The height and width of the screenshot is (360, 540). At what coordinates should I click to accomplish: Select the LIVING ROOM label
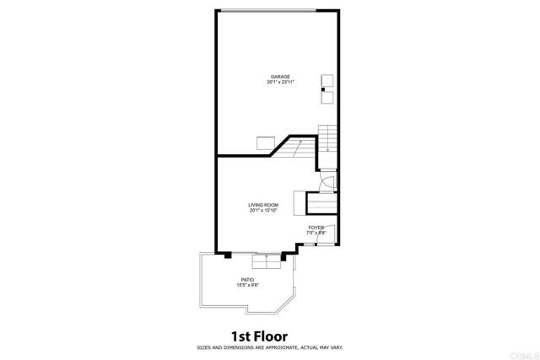[263, 205]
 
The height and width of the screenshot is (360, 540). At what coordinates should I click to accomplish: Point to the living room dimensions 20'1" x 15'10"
[263, 211]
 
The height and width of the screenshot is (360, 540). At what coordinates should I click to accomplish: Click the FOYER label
[316, 227]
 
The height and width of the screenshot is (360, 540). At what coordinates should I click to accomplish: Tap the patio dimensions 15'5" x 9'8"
[248, 285]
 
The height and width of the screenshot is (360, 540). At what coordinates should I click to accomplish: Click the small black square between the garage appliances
[327, 89]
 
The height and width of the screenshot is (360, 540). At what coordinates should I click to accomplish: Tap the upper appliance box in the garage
[327, 80]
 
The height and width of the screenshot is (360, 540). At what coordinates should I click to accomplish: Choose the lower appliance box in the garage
[327, 97]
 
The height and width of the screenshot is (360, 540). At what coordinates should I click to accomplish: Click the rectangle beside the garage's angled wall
[268, 142]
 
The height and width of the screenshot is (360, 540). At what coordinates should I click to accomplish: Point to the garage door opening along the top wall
[268, 10]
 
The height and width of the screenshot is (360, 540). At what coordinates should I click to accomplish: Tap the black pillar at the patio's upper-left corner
[228, 255]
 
